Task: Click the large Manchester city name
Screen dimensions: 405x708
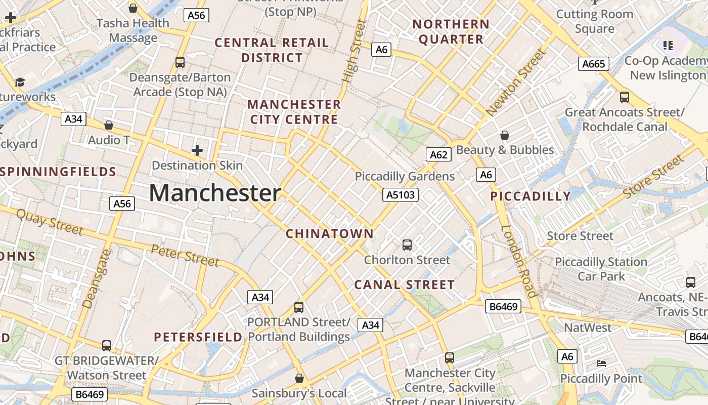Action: click(215, 193)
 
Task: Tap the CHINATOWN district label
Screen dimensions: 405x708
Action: click(330, 234)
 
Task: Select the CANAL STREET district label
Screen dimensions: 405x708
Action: click(404, 285)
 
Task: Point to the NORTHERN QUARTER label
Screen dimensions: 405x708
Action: click(451, 31)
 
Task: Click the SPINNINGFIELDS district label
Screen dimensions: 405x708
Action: click(59, 172)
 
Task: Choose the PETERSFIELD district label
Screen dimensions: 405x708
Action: click(198, 337)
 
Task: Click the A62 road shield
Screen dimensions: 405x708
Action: click(438, 154)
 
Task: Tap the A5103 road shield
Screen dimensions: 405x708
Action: click(400, 194)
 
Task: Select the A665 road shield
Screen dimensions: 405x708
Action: click(593, 64)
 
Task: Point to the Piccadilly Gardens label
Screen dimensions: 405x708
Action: click(405, 176)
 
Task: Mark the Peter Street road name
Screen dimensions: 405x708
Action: click(185, 255)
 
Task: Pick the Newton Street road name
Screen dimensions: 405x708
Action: click(516, 82)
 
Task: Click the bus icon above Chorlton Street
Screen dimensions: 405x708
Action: click(407, 245)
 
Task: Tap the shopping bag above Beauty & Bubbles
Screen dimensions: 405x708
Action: click(504, 135)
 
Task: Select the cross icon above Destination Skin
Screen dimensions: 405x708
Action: click(197, 150)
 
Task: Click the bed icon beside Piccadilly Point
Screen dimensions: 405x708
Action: click(601, 363)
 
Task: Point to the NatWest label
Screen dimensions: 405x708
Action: click(588, 328)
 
